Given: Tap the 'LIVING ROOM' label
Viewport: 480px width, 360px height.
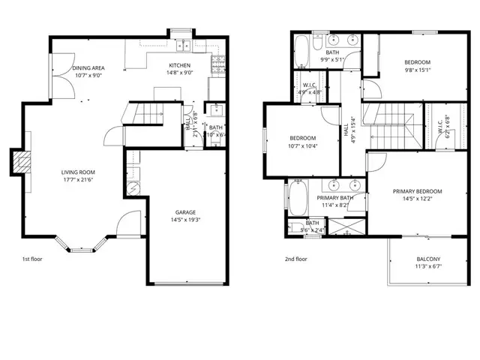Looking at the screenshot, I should (x=79, y=172).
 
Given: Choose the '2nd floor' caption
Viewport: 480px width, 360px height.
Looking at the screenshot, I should (x=296, y=259).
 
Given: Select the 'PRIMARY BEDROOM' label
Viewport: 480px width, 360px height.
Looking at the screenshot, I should (x=418, y=191).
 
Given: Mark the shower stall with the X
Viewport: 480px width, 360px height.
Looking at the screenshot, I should (x=346, y=225).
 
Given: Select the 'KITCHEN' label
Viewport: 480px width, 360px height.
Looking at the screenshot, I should (x=179, y=65).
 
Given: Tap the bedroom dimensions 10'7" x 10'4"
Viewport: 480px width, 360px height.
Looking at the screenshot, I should (x=303, y=145).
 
